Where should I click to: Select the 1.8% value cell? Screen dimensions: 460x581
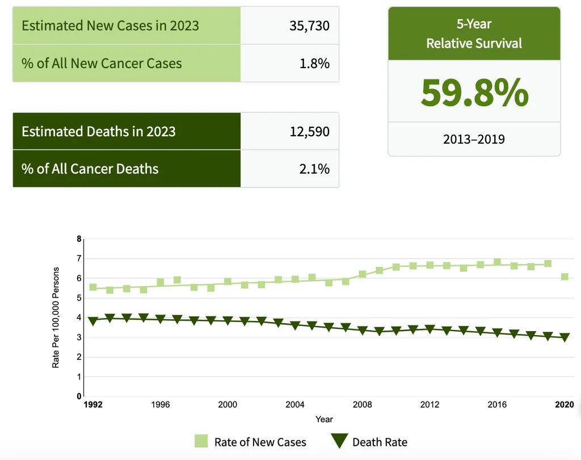coord(314,63)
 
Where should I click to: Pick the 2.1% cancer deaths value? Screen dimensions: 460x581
coord(314,169)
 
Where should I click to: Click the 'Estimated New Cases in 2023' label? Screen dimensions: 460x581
coord(110,26)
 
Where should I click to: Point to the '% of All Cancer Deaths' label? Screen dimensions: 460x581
coord(90,169)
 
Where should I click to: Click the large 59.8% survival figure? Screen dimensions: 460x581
coord(474,93)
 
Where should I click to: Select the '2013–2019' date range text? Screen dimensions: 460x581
coord(474,139)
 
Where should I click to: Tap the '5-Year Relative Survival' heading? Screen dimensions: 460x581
coord(474,34)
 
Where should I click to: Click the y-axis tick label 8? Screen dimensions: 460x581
coord(79,239)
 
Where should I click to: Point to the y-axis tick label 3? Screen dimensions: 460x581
coord(79,337)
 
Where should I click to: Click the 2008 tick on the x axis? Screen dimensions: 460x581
coord(363,405)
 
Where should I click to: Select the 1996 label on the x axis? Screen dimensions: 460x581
coord(161,405)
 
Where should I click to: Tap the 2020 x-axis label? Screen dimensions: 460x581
coord(564,405)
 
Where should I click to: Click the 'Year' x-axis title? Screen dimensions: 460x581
coord(324,419)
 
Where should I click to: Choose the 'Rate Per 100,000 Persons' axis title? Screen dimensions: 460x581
coord(56,317)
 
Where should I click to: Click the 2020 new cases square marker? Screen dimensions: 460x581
coord(565,277)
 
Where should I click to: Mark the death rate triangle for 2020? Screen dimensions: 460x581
coord(565,337)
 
